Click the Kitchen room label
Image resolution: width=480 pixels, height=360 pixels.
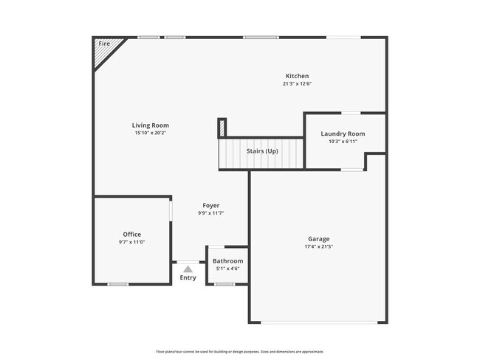[x=297, y=76]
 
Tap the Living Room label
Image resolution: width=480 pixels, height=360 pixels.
[x=151, y=125]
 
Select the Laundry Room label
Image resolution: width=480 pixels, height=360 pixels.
[x=343, y=134]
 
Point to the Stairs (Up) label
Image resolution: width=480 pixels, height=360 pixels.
[x=262, y=151]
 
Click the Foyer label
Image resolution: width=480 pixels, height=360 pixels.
[x=210, y=205]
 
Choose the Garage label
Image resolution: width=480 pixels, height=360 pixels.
[x=318, y=238]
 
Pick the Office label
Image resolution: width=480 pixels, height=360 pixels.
[x=131, y=235]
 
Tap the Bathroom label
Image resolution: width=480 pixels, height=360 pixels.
[x=227, y=261]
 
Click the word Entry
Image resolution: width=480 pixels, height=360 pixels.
[x=188, y=278]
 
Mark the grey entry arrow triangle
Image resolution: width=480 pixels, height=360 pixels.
[x=188, y=269]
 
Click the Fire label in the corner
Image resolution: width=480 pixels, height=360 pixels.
[x=103, y=44]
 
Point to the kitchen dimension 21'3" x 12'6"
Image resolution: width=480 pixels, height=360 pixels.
[x=297, y=84]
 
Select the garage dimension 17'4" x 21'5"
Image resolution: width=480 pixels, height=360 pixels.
[x=318, y=246]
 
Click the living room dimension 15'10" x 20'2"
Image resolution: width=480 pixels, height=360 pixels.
[x=151, y=134]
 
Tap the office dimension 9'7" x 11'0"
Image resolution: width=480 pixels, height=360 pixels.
[x=131, y=243]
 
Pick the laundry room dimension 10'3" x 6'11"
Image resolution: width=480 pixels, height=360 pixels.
[x=343, y=142]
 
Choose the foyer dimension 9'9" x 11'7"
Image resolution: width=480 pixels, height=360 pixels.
[x=210, y=213]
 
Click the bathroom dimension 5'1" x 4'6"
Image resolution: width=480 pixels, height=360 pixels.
[x=227, y=269]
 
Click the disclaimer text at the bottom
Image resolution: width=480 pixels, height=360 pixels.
[x=239, y=352]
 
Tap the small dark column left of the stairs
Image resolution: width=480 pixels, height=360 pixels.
[x=222, y=128]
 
